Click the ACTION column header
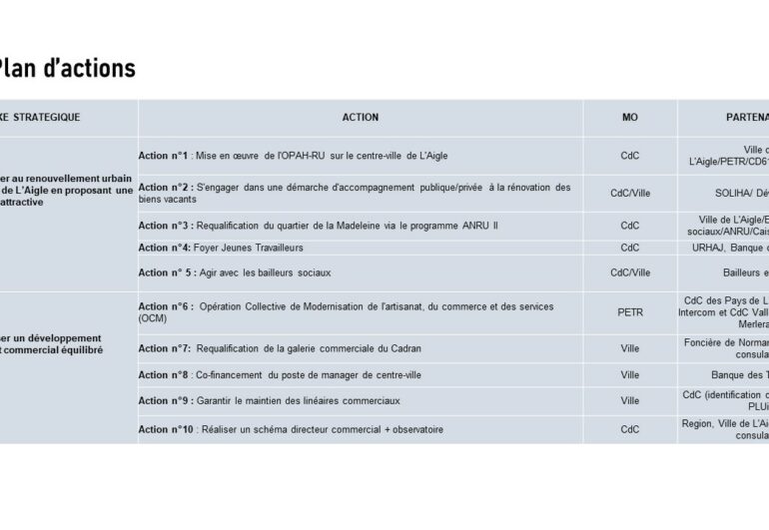361,117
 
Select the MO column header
630,117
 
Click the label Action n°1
163,156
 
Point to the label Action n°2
163,187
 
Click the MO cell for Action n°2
630,193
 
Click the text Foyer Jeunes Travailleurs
248,248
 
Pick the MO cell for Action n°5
630,272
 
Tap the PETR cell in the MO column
630,312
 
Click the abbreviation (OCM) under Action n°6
153,318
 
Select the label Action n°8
164,375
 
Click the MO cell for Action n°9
630,401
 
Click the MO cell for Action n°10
630,429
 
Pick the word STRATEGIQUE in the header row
47,117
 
